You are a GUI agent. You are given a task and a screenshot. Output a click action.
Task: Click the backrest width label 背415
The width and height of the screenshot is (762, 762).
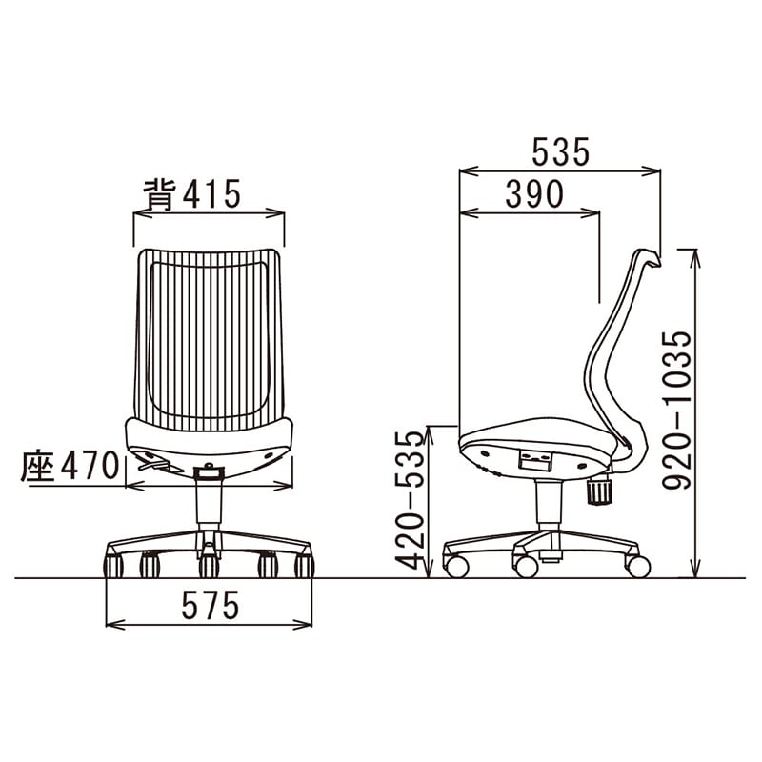click(x=192, y=194)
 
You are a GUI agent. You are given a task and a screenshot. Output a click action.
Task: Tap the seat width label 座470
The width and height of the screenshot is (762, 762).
click(x=70, y=465)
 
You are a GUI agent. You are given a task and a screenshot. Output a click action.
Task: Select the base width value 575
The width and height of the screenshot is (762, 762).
click(x=211, y=605)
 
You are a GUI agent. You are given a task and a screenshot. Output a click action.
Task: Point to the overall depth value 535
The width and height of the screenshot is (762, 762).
click(x=560, y=151)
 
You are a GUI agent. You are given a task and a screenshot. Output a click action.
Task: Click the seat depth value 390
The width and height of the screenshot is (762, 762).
click(x=534, y=193)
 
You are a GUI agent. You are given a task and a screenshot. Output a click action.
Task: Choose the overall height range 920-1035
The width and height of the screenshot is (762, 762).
click(x=676, y=411)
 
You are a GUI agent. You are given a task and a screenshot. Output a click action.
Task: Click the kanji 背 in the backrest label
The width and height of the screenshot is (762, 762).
click(x=159, y=194)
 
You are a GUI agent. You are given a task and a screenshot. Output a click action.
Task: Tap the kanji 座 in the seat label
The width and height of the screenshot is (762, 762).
click(x=37, y=465)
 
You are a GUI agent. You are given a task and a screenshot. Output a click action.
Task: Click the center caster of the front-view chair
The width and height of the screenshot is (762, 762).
click(x=209, y=566)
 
